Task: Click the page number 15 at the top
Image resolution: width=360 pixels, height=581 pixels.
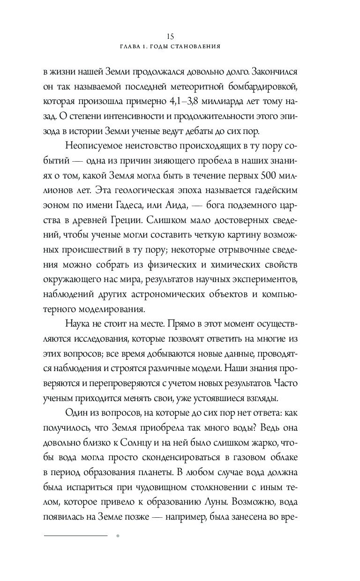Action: (x=170, y=36)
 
